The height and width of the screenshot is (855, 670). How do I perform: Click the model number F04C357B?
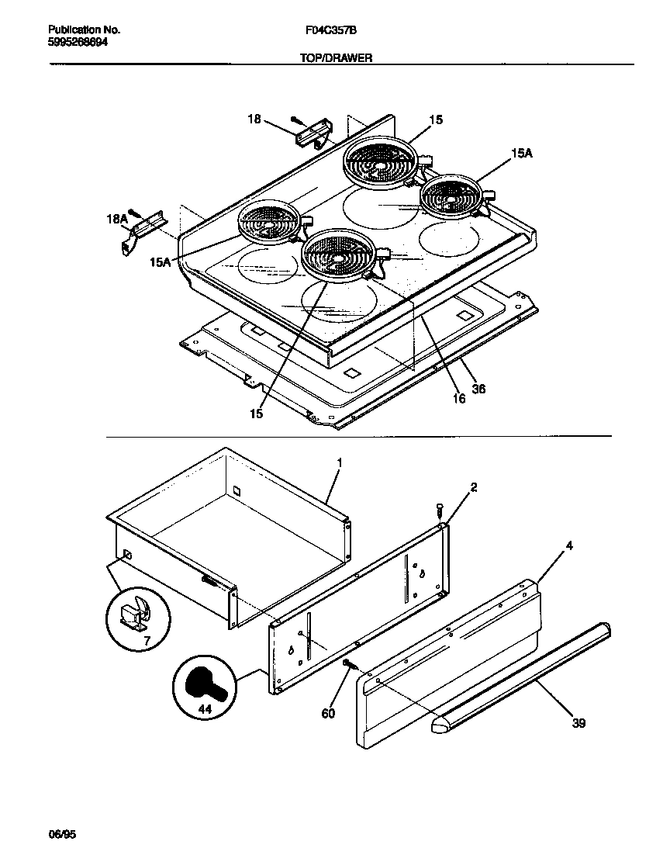(x=331, y=30)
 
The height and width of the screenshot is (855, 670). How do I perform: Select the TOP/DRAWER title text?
(x=331, y=57)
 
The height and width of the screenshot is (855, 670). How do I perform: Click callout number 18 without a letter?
(x=254, y=119)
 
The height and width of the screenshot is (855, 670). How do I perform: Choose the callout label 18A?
(x=116, y=220)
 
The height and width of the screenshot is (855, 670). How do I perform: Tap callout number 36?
(x=478, y=389)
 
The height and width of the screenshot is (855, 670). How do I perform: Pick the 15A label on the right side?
(x=522, y=154)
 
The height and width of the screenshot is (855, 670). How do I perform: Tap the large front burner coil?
(x=339, y=255)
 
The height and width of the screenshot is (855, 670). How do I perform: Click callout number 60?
(x=328, y=713)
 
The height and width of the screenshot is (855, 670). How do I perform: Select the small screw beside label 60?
(x=348, y=663)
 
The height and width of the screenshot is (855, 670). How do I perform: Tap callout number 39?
(x=578, y=723)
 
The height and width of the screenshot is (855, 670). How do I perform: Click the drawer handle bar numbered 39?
(x=520, y=675)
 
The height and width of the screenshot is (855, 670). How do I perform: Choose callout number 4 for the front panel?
(x=569, y=545)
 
